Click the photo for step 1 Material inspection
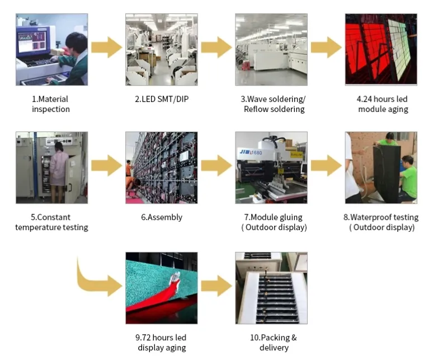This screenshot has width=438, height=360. pyautogui.click(x=51, y=49)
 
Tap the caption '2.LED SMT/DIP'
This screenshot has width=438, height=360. pyautogui.click(x=162, y=99)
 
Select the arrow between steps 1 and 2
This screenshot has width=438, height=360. pyautogui.click(x=107, y=47)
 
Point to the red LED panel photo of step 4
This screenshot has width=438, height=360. pyautogui.click(x=381, y=49)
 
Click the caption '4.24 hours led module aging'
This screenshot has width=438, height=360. pyautogui.click(x=383, y=104)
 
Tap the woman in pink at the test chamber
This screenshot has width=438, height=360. pyautogui.click(x=59, y=171)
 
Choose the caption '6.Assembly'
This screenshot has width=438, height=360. pyautogui.click(x=162, y=217)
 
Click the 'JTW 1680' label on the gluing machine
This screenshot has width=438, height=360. pyautogui.click(x=251, y=152)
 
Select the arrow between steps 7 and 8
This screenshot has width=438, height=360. pyautogui.click(x=326, y=166)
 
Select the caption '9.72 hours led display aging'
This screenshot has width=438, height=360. pyautogui.click(x=161, y=343)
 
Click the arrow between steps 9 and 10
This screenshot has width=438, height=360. pyautogui.click(x=216, y=286)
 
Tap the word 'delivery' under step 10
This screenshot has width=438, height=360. pyautogui.click(x=274, y=348)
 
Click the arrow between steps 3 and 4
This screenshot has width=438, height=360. pyautogui.click(x=326, y=47)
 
